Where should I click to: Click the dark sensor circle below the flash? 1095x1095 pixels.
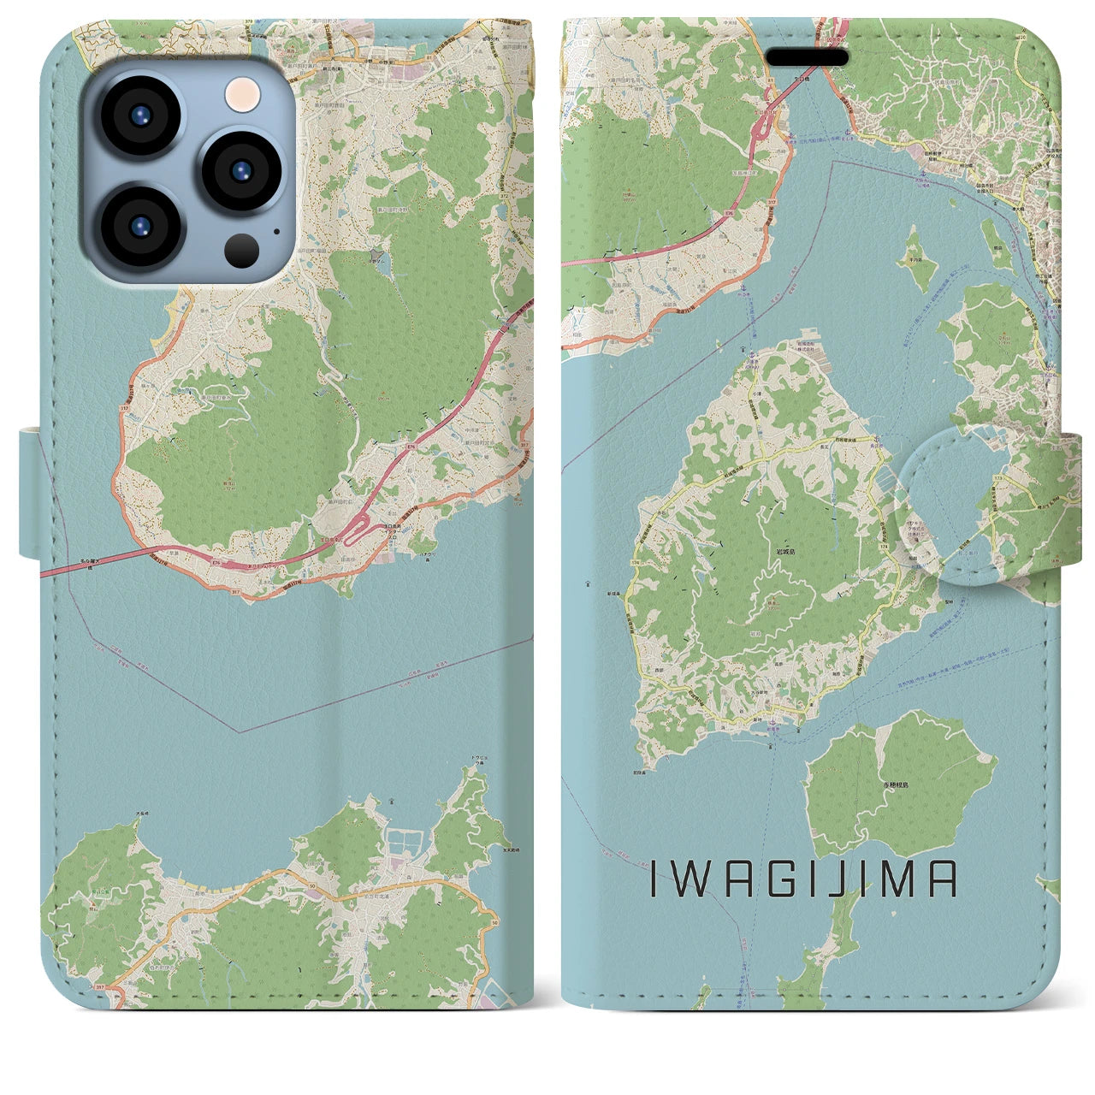[241, 250]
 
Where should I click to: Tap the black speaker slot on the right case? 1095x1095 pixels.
[807, 58]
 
